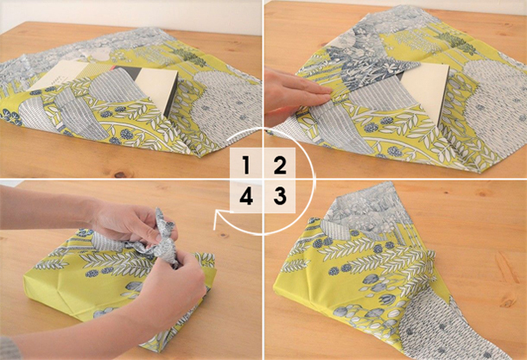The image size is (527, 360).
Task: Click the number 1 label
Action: pos(246,165)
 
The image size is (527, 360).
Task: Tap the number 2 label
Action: pos(280,165)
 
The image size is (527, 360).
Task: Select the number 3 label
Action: pos(280,196)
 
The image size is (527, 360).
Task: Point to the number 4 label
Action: pos(246,196)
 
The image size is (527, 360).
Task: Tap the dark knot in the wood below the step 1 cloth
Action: pos(119,174)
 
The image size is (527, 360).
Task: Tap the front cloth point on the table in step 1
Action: pos(199,155)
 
